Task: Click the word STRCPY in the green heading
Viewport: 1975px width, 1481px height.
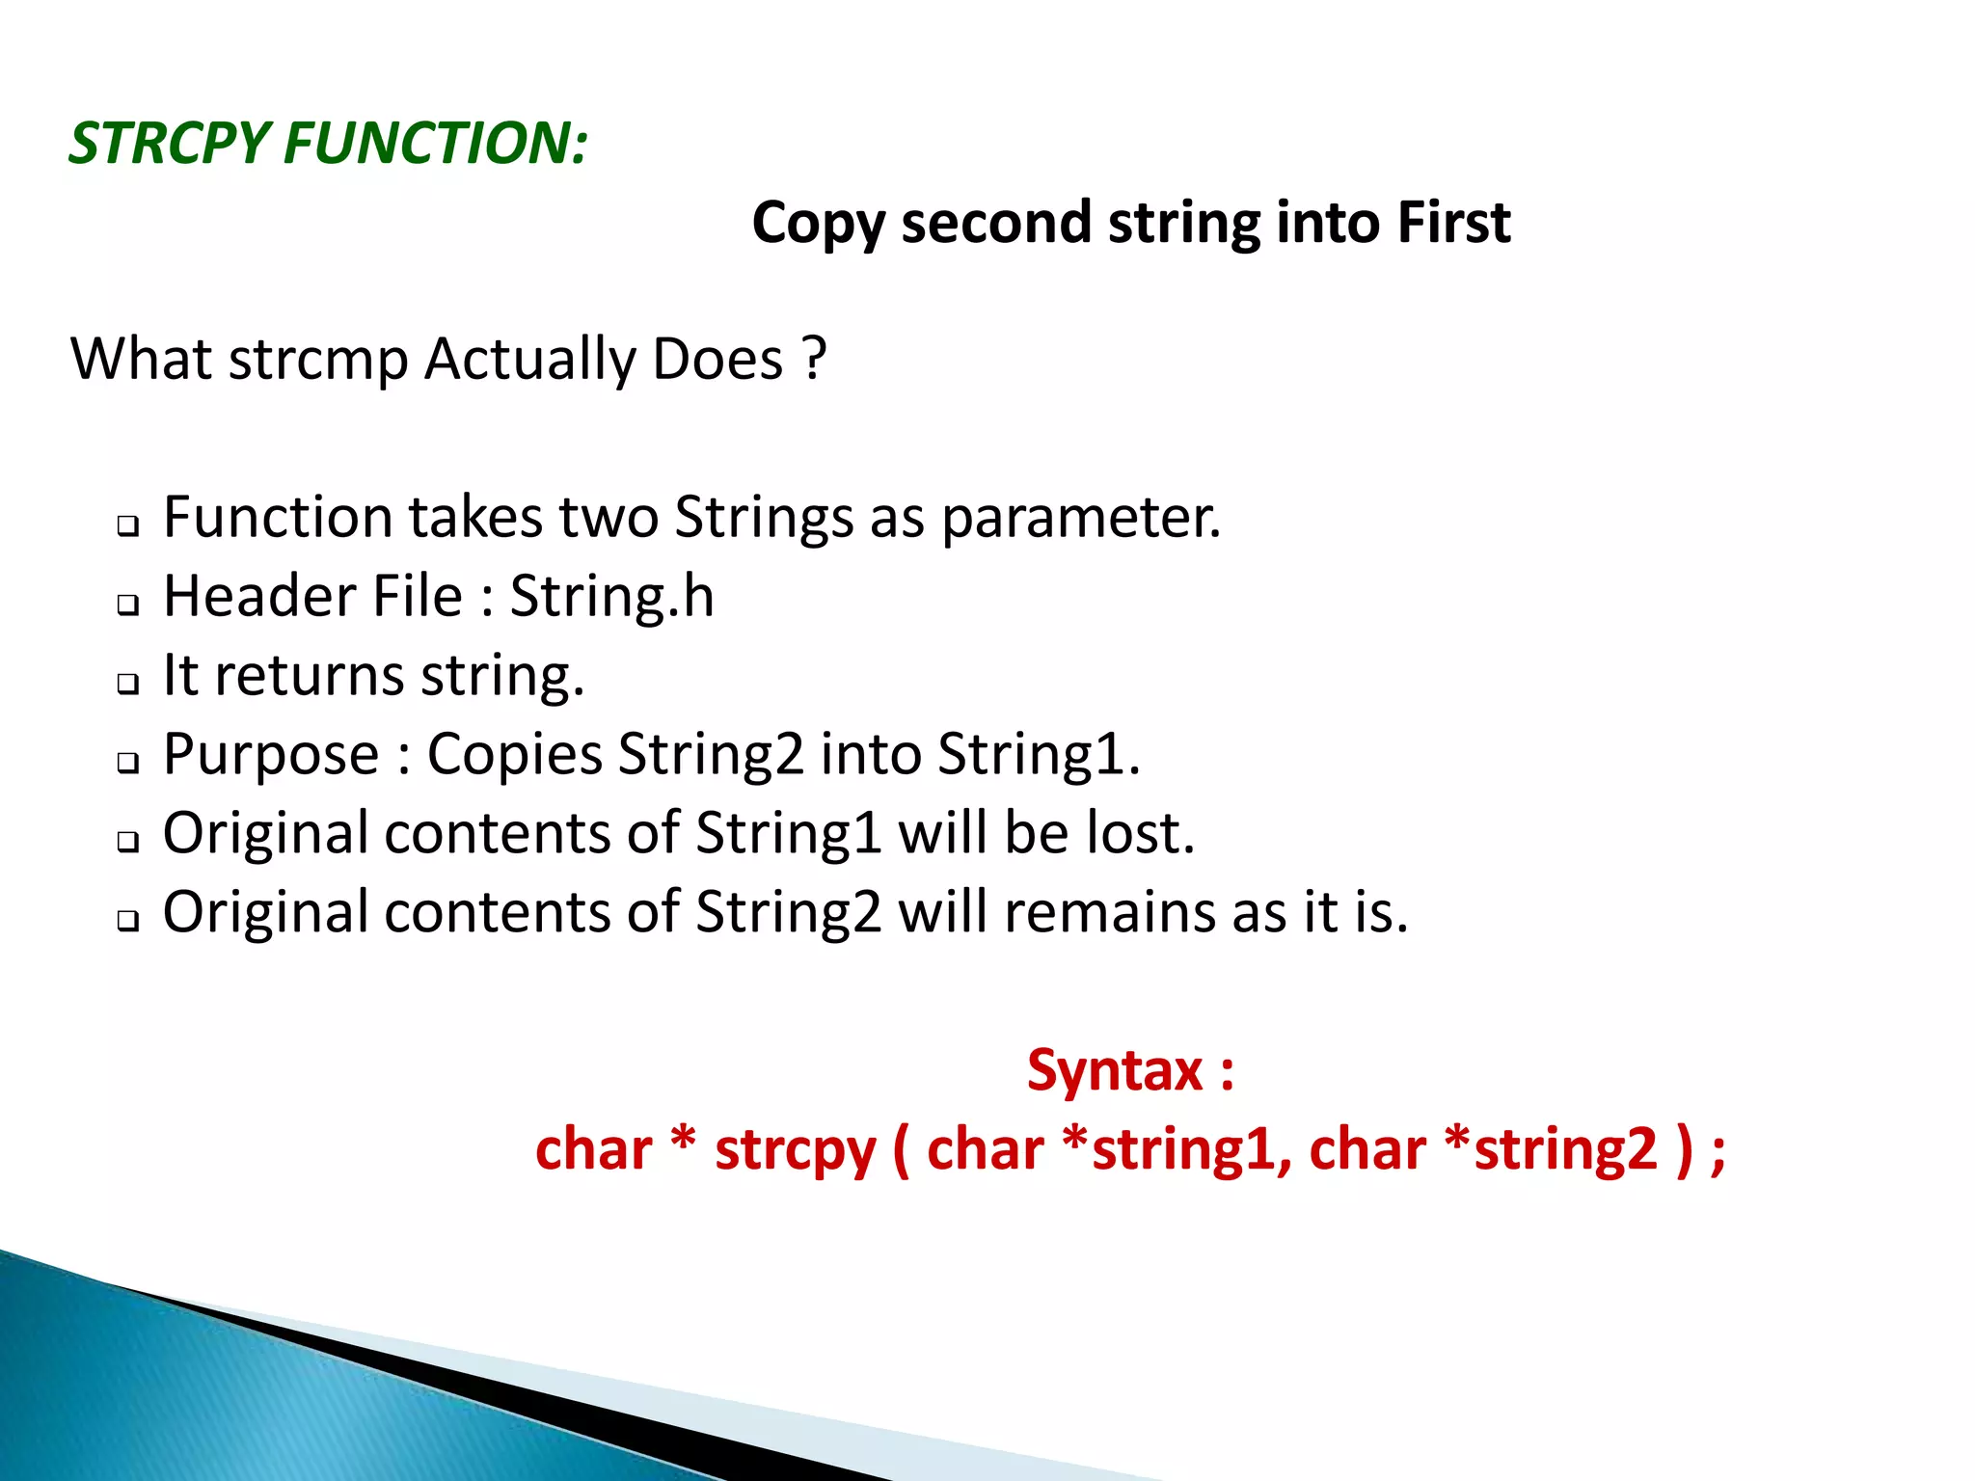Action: pos(168,145)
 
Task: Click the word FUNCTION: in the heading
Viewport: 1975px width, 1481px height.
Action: pos(435,145)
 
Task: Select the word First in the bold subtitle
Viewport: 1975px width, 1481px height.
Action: pos(1453,223)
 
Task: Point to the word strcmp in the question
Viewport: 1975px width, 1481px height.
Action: pos(318,361)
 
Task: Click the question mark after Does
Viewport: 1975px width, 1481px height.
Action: pos(815,359)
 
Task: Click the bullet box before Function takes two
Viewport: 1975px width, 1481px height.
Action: pos(127,526)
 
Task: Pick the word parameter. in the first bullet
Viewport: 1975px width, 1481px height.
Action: pos(1081,519)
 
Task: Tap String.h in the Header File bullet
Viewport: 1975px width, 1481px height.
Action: pos(611,597)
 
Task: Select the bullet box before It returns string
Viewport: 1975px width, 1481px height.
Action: pos(127,684)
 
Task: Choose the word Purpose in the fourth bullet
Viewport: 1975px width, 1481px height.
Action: pos(271,755)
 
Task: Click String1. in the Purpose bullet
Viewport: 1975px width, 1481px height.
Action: pos(1039,754)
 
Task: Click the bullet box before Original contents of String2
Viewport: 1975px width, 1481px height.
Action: pos(127,921)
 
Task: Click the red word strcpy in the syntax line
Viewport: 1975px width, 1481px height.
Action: pos(795,1150)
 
